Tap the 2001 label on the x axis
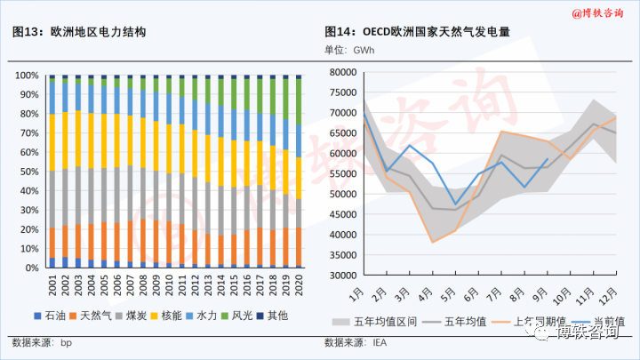click(52, 286)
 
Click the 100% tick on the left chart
click(28, 76)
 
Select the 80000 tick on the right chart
click(340, 73)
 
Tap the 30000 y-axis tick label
click(340, 275)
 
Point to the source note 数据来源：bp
click(43, 341)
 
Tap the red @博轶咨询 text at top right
click(598, 12)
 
